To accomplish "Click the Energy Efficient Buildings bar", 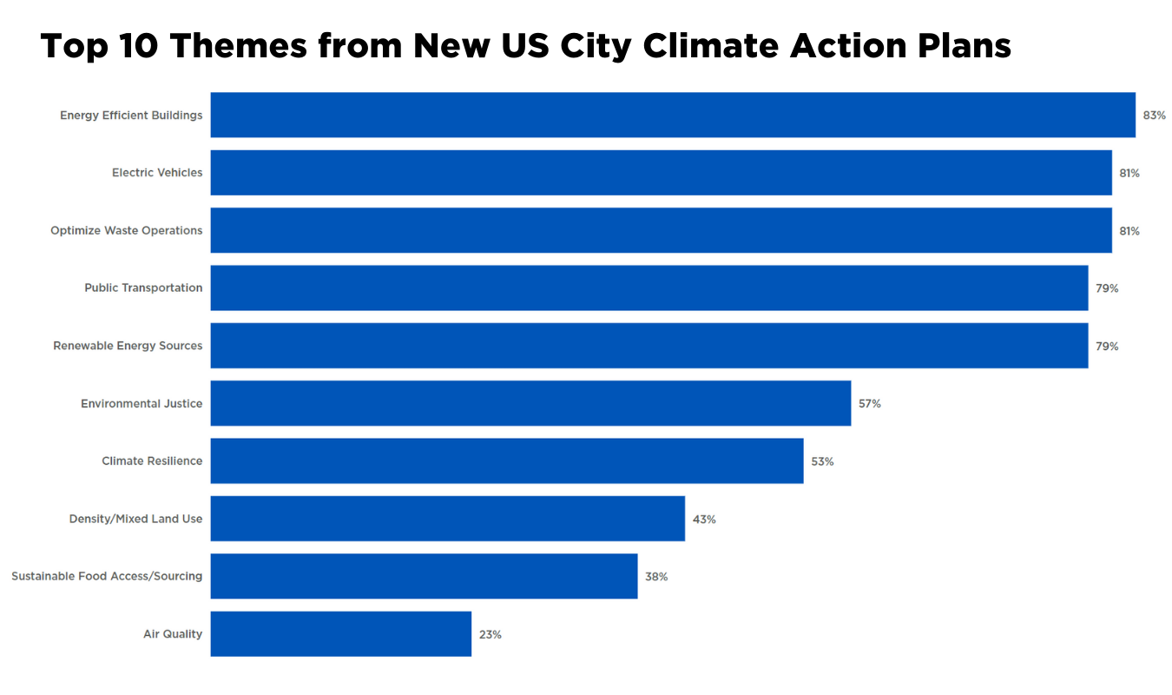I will point(673,115).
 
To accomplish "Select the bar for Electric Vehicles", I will point(661,173).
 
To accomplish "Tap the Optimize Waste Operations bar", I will point(661,230).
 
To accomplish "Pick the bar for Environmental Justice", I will point(530,403).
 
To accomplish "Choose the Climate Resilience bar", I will point(507,460).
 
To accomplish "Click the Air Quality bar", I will point(340,634).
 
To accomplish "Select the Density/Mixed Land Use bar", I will point(447,519).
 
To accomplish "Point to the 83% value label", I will point(1154,116).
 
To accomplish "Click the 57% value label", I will point(870,404).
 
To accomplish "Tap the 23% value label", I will point(490,635).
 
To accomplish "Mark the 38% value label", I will point(656,577).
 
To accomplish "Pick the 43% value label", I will point(704,520).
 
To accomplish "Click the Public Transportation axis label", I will point(143,288).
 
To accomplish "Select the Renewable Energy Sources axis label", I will point(128,346).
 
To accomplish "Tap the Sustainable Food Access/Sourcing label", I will point(107,576).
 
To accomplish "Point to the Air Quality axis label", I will point(173,634).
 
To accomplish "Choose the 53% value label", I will point(822,461).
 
